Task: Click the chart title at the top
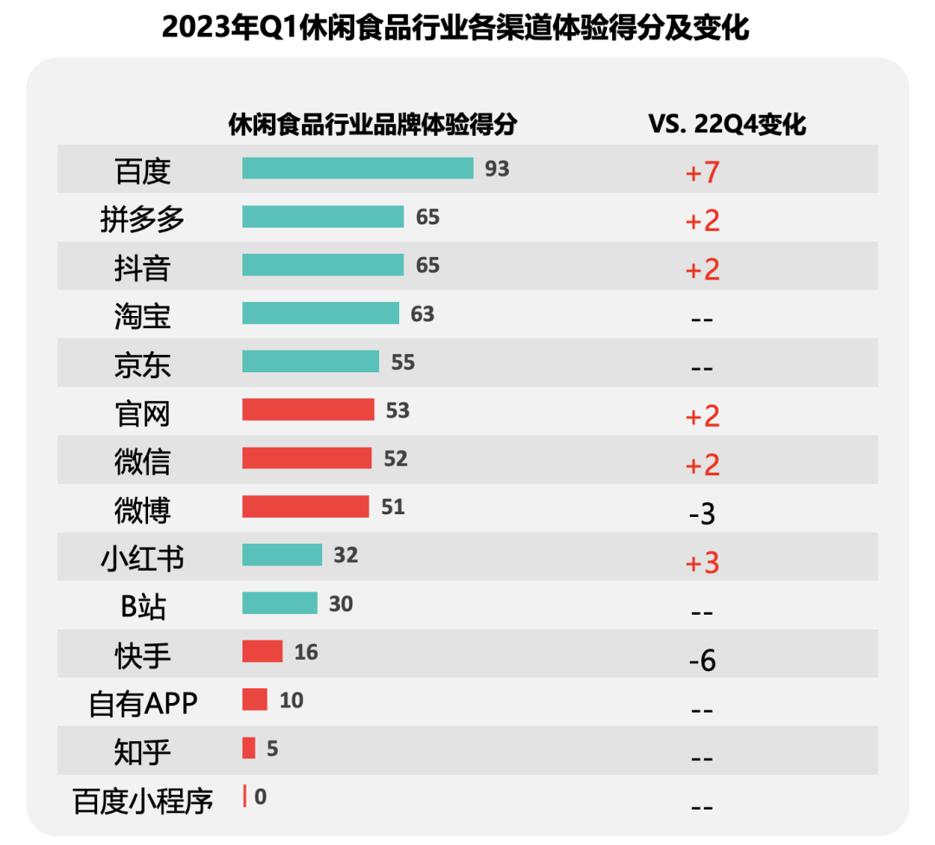click(455, 29)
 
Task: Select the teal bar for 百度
click(358, 168)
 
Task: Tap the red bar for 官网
click(308, 410)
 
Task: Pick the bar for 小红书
click(282, 555)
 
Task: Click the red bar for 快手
click(262, 651)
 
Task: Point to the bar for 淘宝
click(320, 313)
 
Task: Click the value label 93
click(497, 168)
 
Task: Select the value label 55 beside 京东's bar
click(403, 362)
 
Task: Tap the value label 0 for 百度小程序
click(261, 796)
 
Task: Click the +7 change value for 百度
click(702, 172)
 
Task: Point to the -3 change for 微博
click(702, 513)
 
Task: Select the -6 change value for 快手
click(702, 661)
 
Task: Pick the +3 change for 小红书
click(702, 563)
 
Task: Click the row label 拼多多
click(143, 220)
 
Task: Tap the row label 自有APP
click(143, 704)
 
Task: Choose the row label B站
click(143, 607)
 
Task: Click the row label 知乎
click(143, 752)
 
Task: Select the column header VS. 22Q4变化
click(727, 125)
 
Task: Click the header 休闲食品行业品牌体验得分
click(372, 125)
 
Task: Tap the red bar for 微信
click(306, 458)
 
